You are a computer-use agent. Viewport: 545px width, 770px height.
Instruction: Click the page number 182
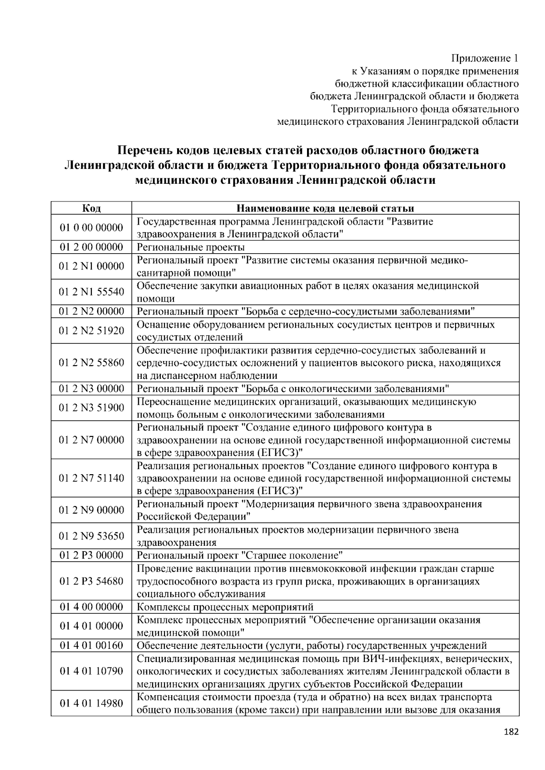coord(511,732)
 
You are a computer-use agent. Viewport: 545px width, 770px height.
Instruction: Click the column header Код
coord(91,208)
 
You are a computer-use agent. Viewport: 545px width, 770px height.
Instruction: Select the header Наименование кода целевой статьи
coord(325,208)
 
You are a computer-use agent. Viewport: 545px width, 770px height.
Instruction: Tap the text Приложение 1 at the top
coord(484,59)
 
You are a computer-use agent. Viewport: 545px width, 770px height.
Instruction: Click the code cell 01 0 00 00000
coord(91,228)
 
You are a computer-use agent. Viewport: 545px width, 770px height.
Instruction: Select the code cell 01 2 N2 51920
coord(91,331)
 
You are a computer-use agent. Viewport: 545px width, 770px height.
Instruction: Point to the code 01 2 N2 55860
coord(91,363)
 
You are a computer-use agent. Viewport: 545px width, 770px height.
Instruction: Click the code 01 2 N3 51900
coord(91,408)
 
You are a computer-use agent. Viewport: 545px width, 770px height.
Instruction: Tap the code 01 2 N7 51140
coord(91,479)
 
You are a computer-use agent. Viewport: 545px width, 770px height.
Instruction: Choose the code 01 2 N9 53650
coord(91,536)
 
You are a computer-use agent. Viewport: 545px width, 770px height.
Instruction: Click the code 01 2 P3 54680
coord(91,581)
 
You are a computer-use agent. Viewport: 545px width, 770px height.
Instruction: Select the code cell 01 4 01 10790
coord(91,671)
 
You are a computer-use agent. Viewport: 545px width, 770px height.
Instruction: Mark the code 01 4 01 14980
coord(91,703)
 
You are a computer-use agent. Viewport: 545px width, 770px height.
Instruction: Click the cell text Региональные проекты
coord(191,247)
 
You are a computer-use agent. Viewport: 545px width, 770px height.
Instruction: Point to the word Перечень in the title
coord(144,150)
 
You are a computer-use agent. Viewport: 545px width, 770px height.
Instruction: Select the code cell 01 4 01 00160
coord(91,646)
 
